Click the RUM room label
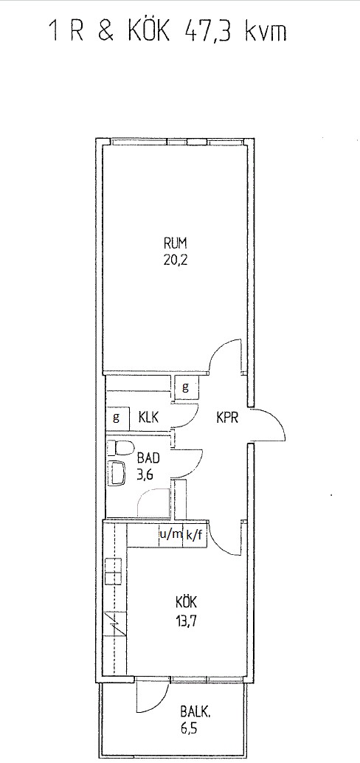[176, 244]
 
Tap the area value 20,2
[176, 259]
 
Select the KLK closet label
[149, 418]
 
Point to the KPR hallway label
[227, 418]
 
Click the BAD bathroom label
[148, 458]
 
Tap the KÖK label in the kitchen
[186, 602]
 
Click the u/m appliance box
[170, 535]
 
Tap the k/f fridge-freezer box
[194, 535]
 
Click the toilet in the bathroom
[120, 448]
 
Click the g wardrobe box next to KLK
[117, 418]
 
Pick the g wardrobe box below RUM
[187, 388]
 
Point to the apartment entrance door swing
[269, 425]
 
